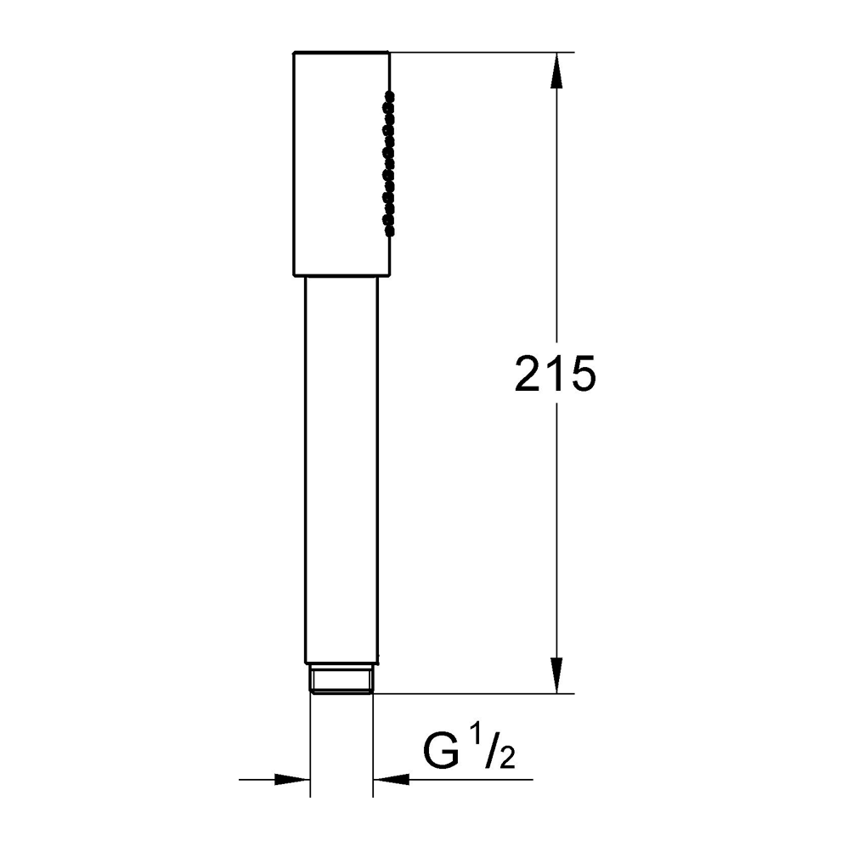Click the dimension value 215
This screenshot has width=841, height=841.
point(555,373)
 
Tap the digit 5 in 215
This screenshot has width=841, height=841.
point(583,373)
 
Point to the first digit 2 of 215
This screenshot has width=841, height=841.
point(528,373)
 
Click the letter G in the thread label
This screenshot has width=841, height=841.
point(442,752)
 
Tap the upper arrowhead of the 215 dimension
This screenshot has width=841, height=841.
point(557,71)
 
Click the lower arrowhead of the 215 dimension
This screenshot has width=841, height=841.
point(557,675)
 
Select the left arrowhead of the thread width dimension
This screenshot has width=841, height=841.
point(292,779)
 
